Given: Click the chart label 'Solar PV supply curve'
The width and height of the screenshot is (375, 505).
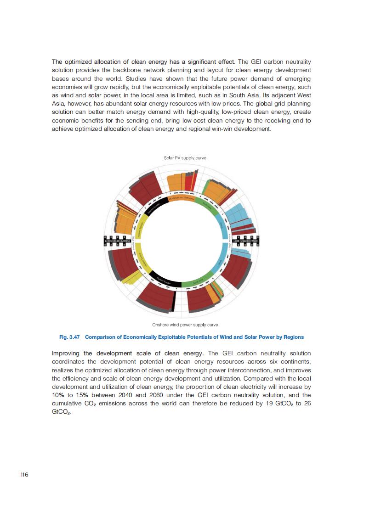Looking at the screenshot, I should pos(185,158).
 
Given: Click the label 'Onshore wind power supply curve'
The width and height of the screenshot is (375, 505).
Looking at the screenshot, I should pos(185,325).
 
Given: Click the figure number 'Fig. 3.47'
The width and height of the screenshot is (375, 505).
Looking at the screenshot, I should pos(70,337).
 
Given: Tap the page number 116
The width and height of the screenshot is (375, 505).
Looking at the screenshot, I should pos(24,475).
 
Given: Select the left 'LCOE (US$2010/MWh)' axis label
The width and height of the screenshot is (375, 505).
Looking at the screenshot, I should pos(118,241).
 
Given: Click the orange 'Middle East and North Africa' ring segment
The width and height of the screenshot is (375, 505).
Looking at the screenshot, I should pos(182,198).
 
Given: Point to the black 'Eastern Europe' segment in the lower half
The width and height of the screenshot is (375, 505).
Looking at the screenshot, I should pos(165,280).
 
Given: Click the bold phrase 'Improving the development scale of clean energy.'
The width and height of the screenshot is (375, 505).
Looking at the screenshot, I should pos(128,353).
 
